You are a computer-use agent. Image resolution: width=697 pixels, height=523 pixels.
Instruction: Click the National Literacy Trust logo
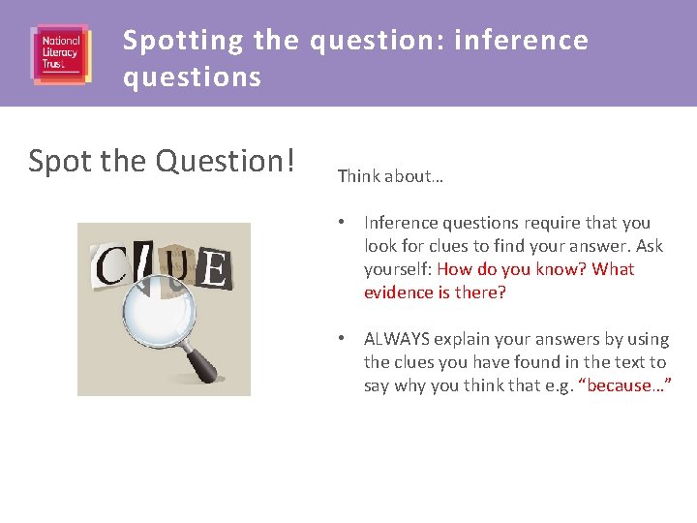click(60, 53)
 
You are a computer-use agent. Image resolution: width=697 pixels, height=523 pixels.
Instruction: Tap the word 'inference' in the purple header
click(521, 41)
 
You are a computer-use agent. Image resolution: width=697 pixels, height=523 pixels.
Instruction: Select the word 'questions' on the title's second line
click(192, 77)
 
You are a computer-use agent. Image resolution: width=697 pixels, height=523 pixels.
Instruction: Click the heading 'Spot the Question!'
click(162, 161)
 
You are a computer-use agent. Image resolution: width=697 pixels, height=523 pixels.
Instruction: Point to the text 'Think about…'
click(390, 176)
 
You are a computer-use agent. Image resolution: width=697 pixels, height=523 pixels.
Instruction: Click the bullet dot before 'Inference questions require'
click(343, 223)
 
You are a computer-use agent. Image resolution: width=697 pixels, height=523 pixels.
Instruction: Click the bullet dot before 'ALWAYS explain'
click(343, 339)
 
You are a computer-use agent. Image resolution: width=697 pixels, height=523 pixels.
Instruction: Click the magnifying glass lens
click(161, 308)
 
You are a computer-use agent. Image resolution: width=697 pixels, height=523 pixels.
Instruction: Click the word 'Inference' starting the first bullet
click(399, 223)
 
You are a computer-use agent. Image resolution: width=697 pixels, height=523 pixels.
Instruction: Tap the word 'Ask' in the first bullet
click(649, 246)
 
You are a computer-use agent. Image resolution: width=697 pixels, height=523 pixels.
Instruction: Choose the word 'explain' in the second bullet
click(459, 339)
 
